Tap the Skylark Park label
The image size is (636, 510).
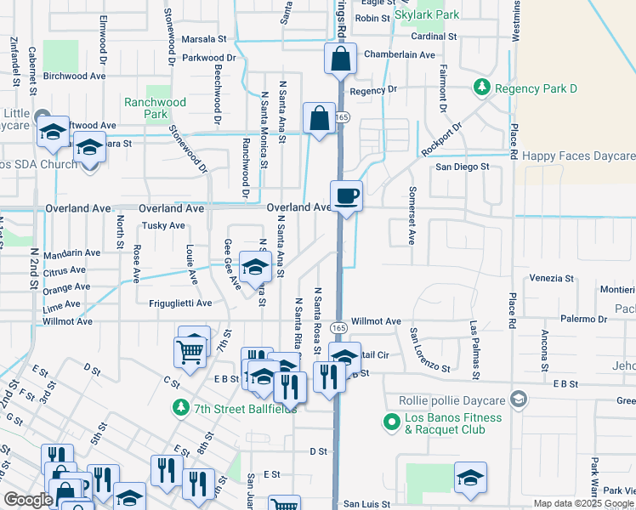427,14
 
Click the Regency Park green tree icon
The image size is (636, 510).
482,88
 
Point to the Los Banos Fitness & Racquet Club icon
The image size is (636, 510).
391,420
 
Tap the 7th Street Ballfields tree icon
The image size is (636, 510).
179,408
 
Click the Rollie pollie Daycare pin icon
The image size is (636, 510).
520,399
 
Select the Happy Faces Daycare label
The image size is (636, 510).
578,156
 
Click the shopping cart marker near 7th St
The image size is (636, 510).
190,350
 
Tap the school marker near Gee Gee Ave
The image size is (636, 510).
254,269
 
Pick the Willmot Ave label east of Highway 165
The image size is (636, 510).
376,321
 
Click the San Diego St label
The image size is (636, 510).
463,167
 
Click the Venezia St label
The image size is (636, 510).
551,278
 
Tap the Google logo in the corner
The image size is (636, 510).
28,500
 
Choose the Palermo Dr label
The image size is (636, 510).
583,320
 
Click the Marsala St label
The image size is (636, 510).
204,39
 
